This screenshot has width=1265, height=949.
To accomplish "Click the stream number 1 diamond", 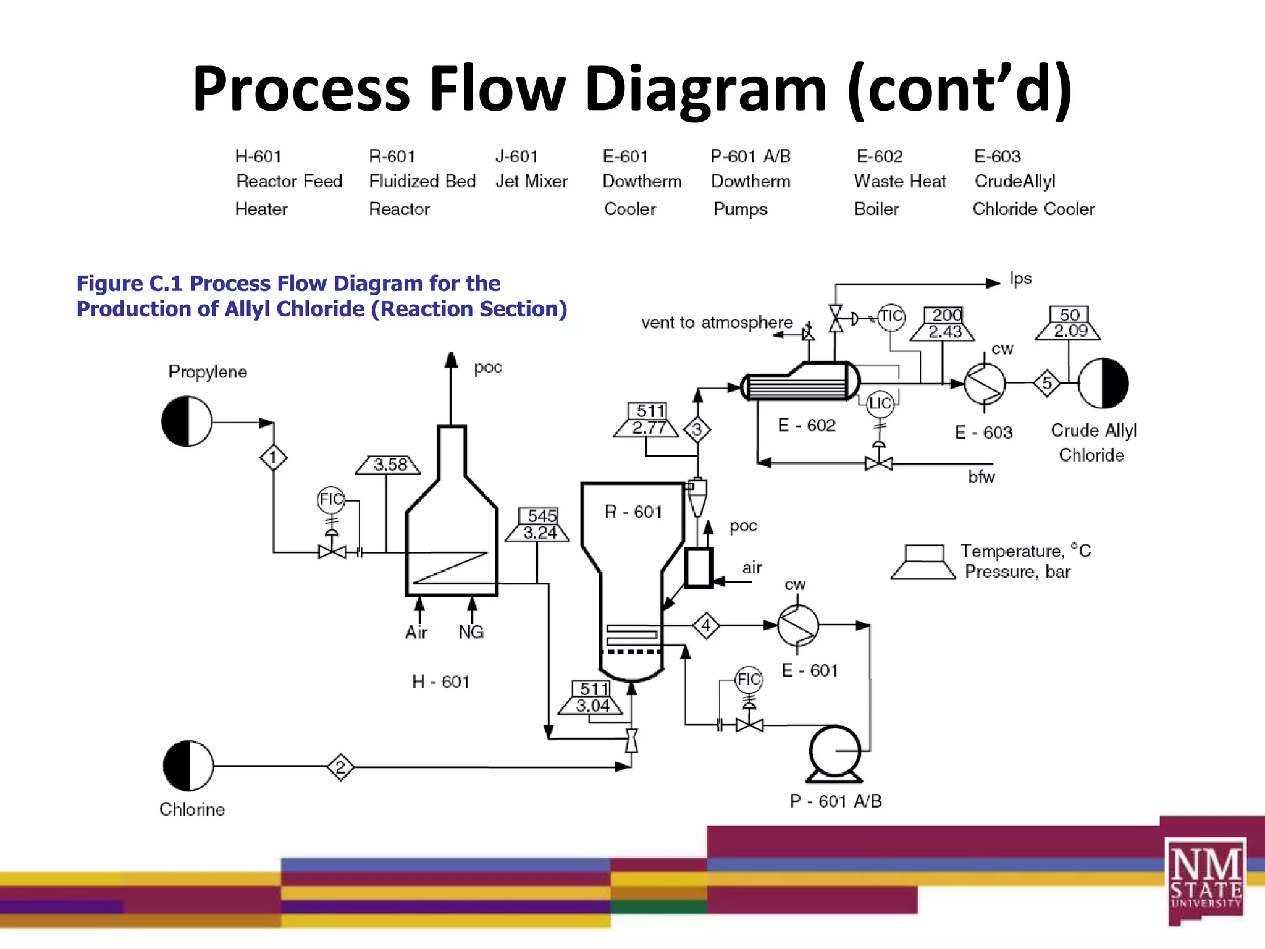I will click(273, 458).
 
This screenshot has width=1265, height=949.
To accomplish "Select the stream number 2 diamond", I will click(340, 767).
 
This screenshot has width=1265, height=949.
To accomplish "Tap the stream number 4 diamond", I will click(706, 626).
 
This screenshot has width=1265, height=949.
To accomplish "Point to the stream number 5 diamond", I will click(1047, 383).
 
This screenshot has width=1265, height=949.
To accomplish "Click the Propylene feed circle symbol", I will click(187, 422).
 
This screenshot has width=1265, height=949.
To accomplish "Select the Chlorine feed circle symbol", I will click(188, 766).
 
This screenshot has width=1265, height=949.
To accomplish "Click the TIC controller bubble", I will click(891, 317).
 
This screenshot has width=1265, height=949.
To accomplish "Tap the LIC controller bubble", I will click(880, 404).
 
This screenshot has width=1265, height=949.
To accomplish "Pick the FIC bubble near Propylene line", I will click(330, 499).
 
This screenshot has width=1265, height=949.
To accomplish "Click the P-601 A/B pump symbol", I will click(835, 752).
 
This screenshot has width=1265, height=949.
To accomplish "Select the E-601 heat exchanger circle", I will click(797, 626).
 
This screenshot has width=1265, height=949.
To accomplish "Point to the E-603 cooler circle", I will click(985, 384).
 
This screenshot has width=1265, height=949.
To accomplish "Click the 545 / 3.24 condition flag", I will click(538, 525).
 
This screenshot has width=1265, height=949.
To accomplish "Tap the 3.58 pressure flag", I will click(389, 465).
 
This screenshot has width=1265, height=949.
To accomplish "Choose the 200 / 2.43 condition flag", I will click(943, 324).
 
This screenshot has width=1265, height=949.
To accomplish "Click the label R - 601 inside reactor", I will click(633, 512).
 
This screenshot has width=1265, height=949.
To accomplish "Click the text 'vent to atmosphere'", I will click(717, 323).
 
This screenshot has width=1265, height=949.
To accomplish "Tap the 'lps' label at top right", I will click(1020, 279).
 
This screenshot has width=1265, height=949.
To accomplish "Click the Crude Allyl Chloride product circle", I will click(1103, 384).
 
